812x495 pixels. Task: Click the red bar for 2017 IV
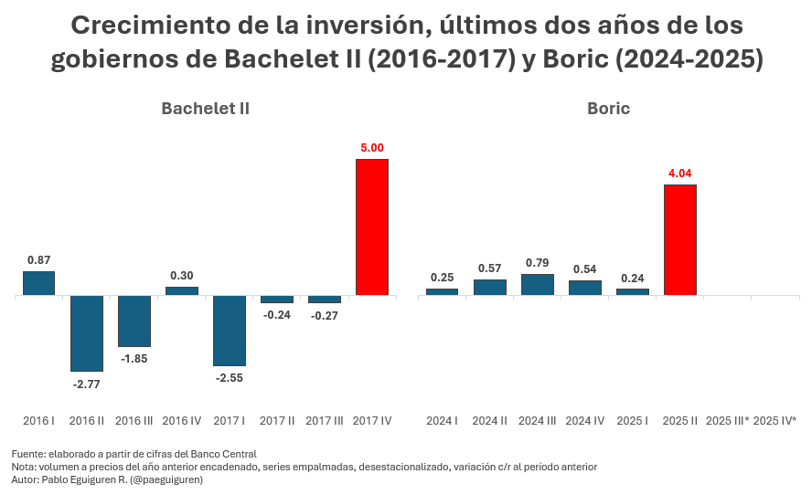click(x=371, y=227)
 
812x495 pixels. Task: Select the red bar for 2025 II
click(x=679, y=240)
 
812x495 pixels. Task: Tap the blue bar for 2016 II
click(x=86, y=333)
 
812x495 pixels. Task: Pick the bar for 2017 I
click(x=229, y=331)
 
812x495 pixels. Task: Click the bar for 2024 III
click(x=537, y=285)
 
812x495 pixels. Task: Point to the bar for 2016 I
click(x=38, y=283)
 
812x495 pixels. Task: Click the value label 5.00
click(x=372, y=147)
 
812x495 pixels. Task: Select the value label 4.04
click(x=679, y=173)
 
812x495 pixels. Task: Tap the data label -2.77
click(x=86, y=384)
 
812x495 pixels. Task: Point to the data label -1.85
click(x=134, y=359)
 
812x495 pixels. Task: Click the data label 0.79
click(x=537, y=263)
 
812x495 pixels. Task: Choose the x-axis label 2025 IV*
click(x=775, y=421)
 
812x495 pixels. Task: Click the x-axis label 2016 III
click(x=134, y=421)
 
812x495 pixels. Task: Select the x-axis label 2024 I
click(x=442, y=421)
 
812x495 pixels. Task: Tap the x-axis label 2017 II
click(x=276, y=421)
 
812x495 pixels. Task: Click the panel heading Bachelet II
click(x=205, y=109)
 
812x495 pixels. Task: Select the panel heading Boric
click(x=608, y=109)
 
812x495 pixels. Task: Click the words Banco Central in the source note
click(x=224, y=454)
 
